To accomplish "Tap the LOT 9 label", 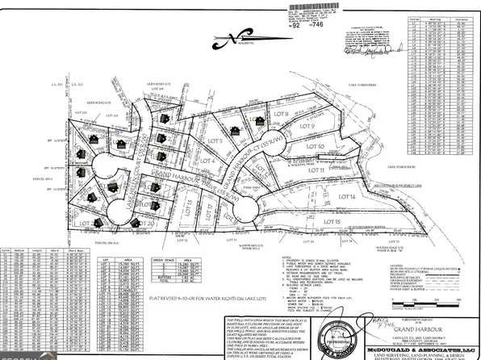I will pos(306,127).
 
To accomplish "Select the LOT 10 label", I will pos(316,146).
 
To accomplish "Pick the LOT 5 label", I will pos(215,141).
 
